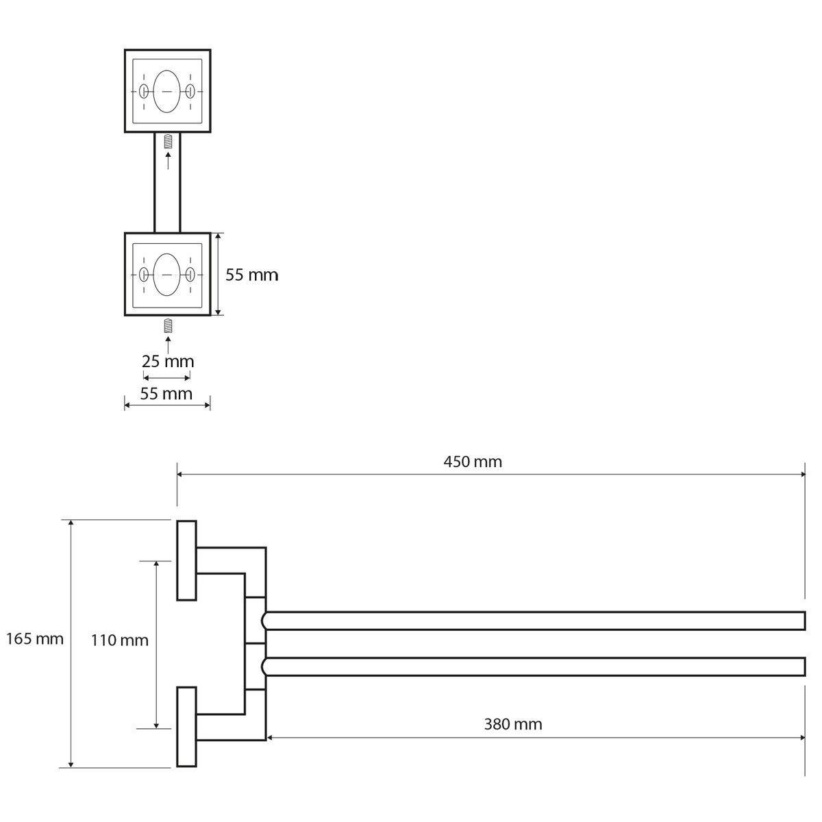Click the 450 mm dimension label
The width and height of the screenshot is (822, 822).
tap(473, 462)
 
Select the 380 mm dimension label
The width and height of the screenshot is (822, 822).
tap(512, 724)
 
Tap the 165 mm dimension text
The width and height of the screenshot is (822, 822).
tap(34, 639)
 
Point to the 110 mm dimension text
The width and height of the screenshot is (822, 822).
tap(120, 640)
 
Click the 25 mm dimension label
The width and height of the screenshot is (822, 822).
tap(168, 361)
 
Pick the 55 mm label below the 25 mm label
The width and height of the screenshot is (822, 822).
tap(166, 394)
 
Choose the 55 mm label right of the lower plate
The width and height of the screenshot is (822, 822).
tap(252, 275)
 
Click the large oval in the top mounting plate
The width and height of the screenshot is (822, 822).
tap(167, 90)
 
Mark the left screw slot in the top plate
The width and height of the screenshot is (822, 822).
tap(144, 91)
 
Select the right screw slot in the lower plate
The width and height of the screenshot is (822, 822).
tap(190, 275)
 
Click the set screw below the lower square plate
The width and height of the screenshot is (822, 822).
tap(168, 327)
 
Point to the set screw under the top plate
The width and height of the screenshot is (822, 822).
tap(168, 142)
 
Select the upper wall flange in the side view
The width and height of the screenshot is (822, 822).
tap(186, 560)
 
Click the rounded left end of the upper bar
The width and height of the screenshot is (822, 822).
tap(266, 621)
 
